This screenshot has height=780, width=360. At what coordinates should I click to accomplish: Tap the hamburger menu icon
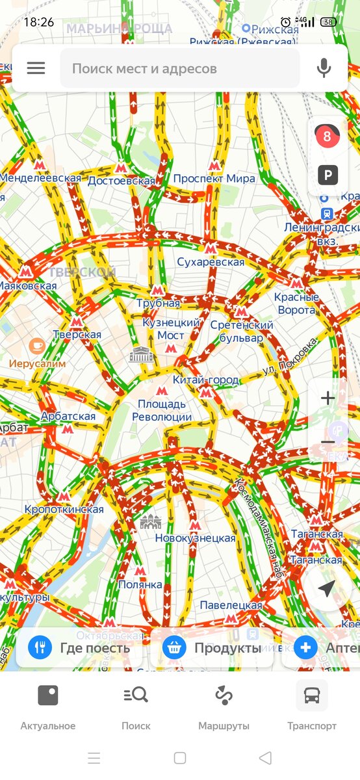36,68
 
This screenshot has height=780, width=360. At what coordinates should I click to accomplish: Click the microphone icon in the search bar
324,68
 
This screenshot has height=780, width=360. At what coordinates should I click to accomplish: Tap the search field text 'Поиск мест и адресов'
144,68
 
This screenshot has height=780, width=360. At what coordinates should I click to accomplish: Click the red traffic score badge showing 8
327,136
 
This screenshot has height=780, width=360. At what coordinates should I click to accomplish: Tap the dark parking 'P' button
328,175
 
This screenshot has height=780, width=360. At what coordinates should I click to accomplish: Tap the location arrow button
326,588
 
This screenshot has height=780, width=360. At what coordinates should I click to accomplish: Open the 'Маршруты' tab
224,707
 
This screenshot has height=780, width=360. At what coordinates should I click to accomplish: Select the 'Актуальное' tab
48,707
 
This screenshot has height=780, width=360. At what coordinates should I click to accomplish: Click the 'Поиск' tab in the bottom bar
136,707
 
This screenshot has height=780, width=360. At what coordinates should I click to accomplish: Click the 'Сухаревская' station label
211,262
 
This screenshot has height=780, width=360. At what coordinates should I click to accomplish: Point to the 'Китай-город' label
206,380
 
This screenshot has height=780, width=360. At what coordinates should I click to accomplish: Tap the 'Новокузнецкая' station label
195,538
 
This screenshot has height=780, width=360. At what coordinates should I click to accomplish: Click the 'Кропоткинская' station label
64,509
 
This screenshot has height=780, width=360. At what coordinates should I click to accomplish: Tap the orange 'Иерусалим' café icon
37,346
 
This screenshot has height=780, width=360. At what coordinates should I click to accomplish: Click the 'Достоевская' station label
122,180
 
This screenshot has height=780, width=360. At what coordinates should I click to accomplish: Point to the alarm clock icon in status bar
286,22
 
